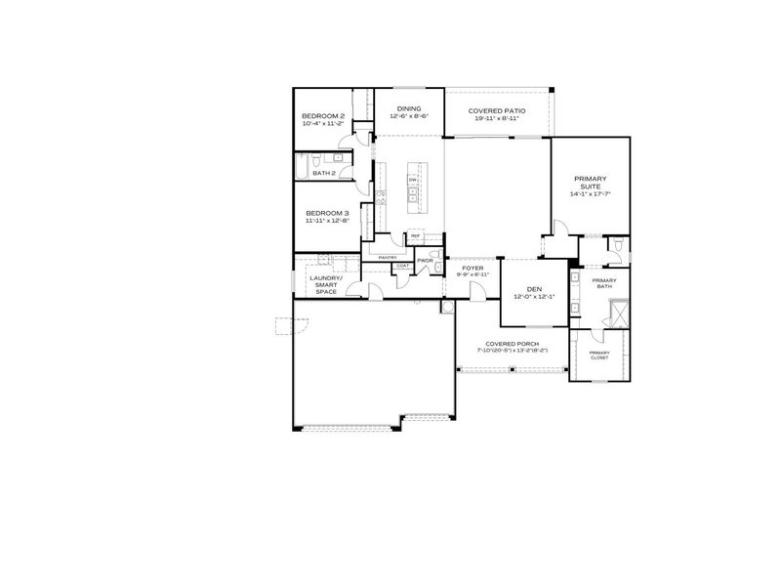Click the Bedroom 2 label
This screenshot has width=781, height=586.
pyautogui.click(x=323, y=116)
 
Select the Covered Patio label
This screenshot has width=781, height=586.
pyautogui.click(x=497, y=110)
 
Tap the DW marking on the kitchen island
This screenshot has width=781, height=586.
pyautogui.click(x=413, y=181)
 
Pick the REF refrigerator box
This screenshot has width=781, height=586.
pyautogui.click(x=415, y=236)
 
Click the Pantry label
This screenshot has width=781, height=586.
pyautogui.click(x=374, y=258)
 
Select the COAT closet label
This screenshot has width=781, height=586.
pyautogui.click(x=402, y=266)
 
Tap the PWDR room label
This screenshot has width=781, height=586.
pyautogui.click(x=425, y=261)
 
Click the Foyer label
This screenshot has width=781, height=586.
pyautogui.click(x=473, y=267)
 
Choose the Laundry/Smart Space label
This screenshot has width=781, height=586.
pyautogui.click(x=326, y=284)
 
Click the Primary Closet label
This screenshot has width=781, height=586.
pyautogui.click(x=599, y=355)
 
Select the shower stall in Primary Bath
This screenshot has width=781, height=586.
pyautogui.click(x=618, y=314)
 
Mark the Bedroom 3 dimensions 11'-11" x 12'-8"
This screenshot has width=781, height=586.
pyautogui.click(x=327, y=221)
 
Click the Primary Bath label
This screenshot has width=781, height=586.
pyautogui.click(x=604, y=283)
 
